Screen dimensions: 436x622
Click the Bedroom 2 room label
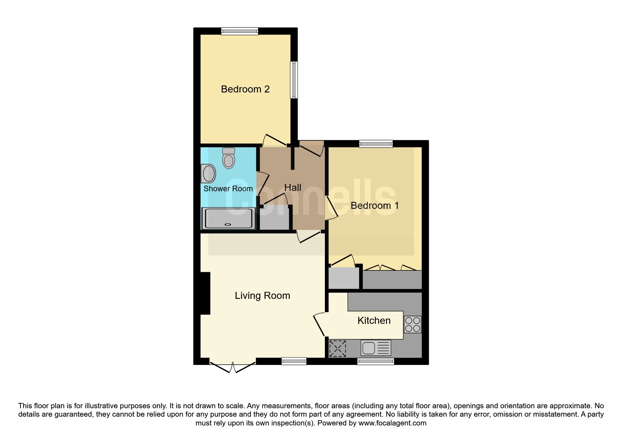[x=245, y=89]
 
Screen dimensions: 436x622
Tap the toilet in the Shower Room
[x=229, y=159]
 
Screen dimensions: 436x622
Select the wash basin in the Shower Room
[x=209, y=174]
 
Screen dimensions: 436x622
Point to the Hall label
[x=293, y=188]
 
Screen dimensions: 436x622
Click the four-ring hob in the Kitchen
[x=412, y=325]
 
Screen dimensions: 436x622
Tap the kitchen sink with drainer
[x=375, y=348]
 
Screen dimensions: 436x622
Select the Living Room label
[x=262, y=296]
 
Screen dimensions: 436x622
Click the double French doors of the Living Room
[x=232, y=366]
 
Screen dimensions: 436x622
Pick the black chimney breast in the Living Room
[x=205, y=293]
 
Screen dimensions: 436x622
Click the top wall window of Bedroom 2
[x=240, y=31]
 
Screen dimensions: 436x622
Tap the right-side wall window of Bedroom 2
[x=294, y=80]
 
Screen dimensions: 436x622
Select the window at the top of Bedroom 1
[x=376, y=143]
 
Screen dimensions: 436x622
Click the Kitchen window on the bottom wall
[x=375, y=361]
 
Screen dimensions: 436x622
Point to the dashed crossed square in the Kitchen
[x=338, y=348]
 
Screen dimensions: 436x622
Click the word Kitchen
[x=374, y=321]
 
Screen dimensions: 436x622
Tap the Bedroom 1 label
[x=374, y=206]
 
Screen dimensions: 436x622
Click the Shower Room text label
[x=228, y=189]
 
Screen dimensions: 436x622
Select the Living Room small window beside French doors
[x=294, y=361]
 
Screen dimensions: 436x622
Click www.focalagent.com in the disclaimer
[x=392, y=423]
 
